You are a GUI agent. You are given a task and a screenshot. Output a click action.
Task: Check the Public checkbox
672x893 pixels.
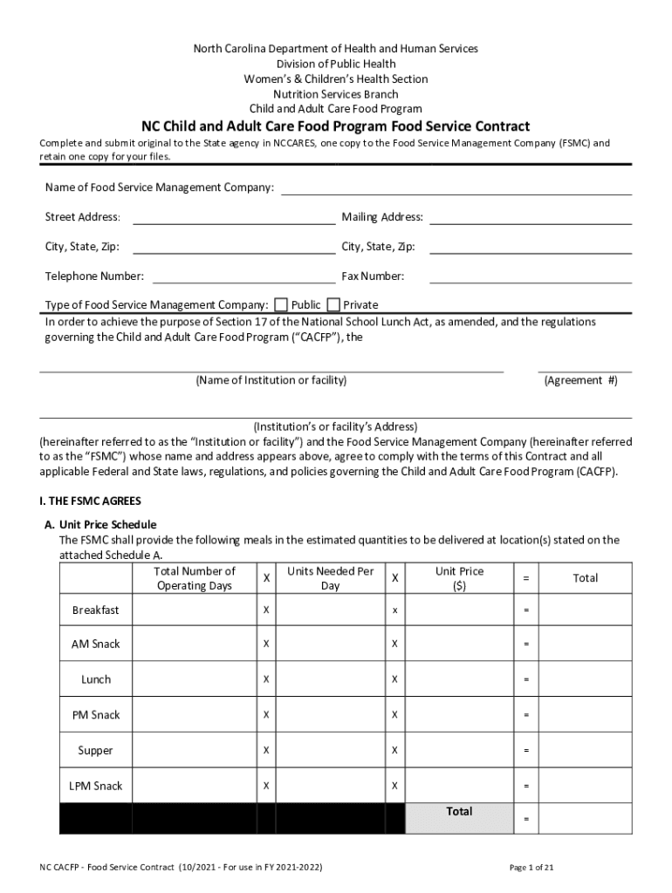tap(281, 304)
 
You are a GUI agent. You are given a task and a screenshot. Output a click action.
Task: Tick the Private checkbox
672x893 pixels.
tap(333, 304)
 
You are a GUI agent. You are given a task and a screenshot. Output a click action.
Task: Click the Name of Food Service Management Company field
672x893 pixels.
tap(456, 187)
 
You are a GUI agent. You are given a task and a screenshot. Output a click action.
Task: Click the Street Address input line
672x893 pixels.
tap(233, 217)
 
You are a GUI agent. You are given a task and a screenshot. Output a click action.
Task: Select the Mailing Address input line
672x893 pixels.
tap(530, 217)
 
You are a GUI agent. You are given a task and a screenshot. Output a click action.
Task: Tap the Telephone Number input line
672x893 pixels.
tap(243, 276)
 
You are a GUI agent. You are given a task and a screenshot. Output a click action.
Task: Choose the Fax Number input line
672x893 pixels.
tap(530, 276)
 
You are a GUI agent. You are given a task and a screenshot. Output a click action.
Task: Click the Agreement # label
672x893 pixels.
tap(580, 380)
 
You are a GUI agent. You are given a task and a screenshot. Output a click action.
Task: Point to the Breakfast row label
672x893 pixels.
tap(95, 610)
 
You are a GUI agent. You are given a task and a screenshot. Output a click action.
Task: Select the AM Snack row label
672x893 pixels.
tap(95, 644)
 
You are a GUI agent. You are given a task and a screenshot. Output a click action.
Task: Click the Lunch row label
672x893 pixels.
tap(95, 679)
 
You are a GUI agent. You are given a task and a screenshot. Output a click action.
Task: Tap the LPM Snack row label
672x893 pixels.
tap(95, 786)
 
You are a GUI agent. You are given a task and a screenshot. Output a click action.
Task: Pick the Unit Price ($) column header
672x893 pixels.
tap(459, 578)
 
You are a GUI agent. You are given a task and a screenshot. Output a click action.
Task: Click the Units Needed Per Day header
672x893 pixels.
tap(330, 578)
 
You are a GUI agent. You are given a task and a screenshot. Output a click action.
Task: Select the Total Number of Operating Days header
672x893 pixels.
tap(194, 578)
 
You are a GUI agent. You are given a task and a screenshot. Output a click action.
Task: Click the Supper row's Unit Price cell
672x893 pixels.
tap(459, 750)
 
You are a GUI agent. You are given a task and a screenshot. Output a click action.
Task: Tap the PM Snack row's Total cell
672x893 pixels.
tap(585, 715)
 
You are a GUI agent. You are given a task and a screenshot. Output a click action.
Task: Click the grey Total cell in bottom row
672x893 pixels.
tap(459, 818)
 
